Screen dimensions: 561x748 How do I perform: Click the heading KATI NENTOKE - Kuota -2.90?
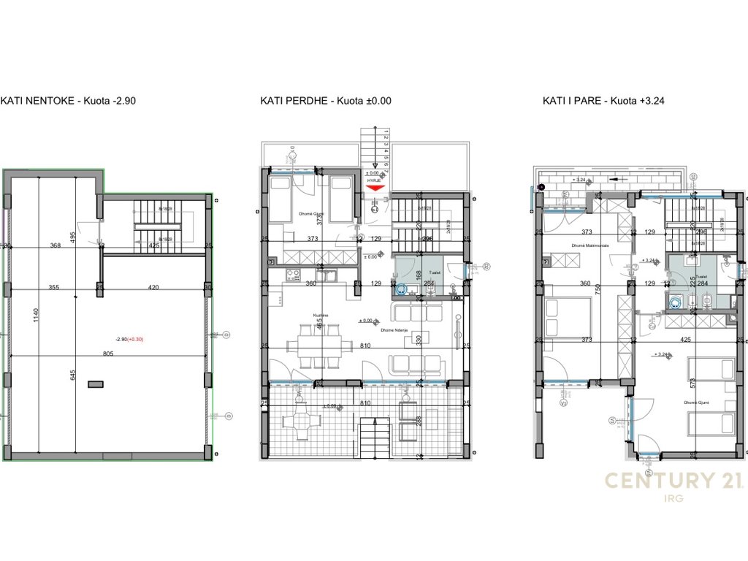coord(68,102)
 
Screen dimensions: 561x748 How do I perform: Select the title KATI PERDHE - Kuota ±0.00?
coord(326,102)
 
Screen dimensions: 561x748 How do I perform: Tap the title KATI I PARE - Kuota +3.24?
coord(603,102)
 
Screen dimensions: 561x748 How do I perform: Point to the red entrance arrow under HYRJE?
coord(374,188)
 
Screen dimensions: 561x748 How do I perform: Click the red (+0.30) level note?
coord(134,339)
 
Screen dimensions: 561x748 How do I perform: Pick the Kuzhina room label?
coord(319,316)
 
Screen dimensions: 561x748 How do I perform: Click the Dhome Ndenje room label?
coord(393,330)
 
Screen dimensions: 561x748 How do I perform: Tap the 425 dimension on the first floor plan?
coord(685,340)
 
